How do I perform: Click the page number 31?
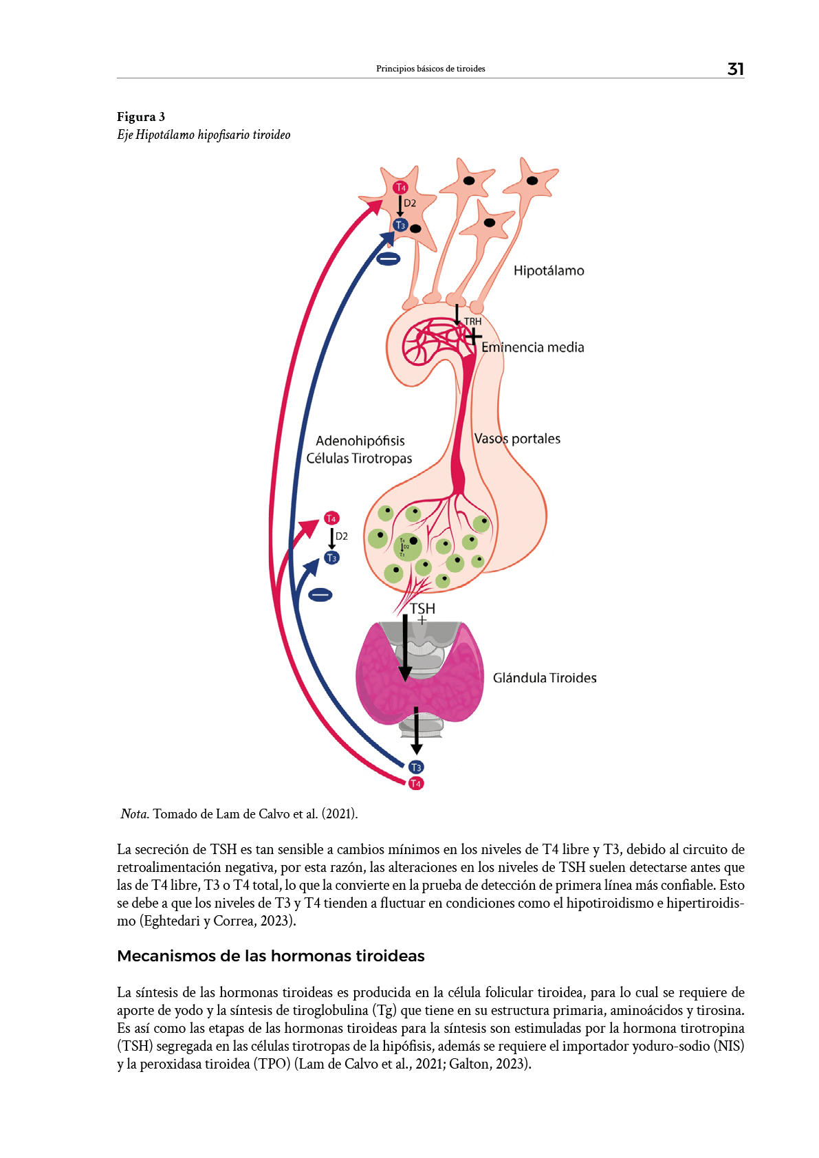[735, 69]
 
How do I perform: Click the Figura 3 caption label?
[141, 116]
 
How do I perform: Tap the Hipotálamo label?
[548, 271]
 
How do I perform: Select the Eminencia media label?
[532, 347]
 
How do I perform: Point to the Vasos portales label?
[517, 439]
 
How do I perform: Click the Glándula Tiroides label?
[544, 678]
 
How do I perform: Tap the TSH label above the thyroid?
[422, 609]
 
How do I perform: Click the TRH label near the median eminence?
[472, 321]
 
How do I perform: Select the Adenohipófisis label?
[360, 441]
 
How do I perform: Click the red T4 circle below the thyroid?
[416, 783]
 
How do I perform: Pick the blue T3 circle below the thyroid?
[416, 767]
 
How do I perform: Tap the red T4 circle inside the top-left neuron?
[400, 187]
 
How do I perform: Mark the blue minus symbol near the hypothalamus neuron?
[388, 259]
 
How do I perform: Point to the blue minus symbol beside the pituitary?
[320, 595]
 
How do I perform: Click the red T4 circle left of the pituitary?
[331, 518]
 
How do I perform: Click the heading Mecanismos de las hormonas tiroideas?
[271, 956]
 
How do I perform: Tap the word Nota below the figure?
[135, 814]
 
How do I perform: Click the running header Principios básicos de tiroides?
[430, 69]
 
